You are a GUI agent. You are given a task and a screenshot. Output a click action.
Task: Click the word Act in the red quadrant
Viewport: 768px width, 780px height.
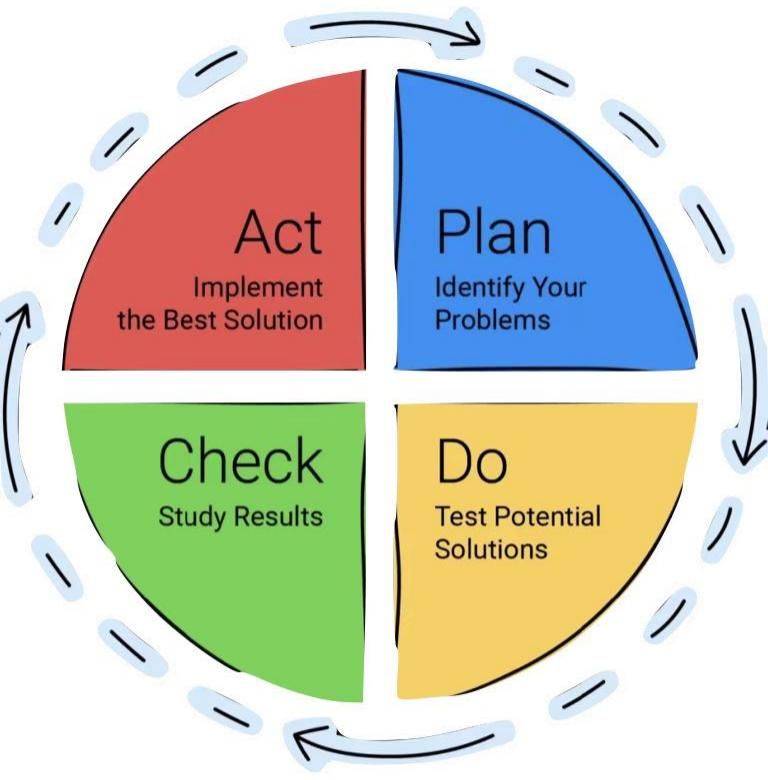click(279, 232)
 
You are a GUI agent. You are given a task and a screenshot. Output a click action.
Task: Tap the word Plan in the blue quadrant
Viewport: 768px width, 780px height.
click(493, 232)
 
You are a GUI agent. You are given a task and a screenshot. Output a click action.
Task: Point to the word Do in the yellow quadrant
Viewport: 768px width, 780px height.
click(472, 461)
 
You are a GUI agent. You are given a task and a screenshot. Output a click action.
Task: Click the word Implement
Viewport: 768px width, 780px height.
click(258, 288)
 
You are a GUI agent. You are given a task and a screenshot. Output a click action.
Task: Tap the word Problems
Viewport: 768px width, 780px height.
click(492, 319)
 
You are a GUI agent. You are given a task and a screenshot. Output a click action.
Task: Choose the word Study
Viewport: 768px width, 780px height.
click(192, 517)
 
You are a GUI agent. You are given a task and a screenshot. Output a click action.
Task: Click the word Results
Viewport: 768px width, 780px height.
click(279, 516)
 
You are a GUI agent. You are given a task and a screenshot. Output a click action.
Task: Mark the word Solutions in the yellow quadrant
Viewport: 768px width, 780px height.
click(491, 549)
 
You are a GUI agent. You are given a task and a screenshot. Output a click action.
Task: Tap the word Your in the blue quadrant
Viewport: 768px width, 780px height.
click(559, 288)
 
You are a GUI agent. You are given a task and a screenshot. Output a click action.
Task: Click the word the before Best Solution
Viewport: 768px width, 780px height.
click(137, 319)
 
